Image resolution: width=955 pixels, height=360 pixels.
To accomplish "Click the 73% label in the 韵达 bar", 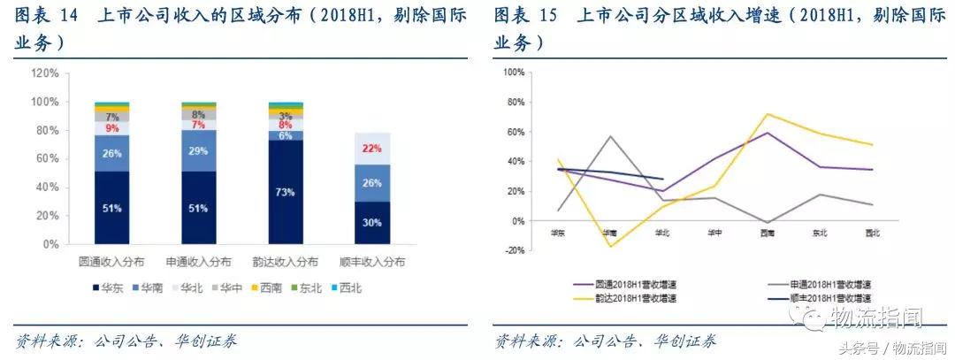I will [286, 190].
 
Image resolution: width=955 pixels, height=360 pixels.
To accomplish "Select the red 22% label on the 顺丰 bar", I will [372, 149].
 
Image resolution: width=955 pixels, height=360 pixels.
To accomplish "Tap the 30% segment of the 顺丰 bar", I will [372, 222].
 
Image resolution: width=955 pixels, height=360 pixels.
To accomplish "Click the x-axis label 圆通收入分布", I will [111, 263].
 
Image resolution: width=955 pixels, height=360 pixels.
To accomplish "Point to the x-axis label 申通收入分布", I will [198, 263].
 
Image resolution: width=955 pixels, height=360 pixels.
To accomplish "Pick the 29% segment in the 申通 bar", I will [198, 152].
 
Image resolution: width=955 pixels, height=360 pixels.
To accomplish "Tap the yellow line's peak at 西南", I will [766, 114].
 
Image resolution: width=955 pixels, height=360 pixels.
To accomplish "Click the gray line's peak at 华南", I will [609, 136].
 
